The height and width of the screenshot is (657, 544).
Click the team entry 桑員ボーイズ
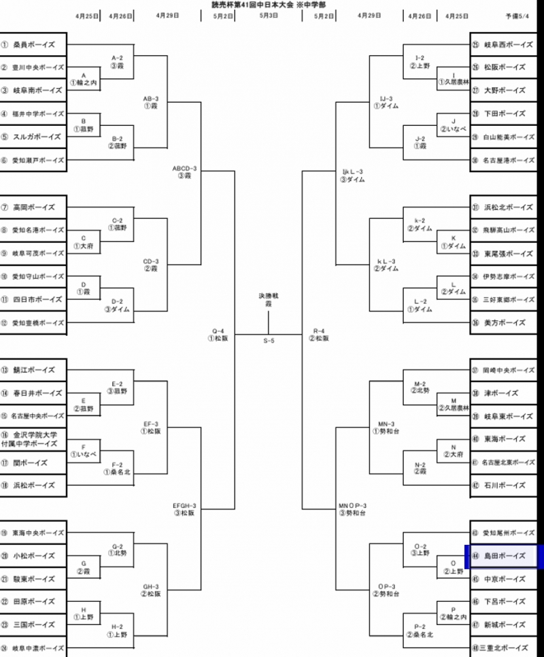point(34,45)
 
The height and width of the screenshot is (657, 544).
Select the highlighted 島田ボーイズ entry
point(503,556)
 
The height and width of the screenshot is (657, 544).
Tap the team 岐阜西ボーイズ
point(507,45)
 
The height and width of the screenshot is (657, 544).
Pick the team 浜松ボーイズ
point(34,486)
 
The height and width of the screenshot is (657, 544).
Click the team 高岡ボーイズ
point(34,207)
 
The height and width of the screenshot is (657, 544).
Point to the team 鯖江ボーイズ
point(34,370)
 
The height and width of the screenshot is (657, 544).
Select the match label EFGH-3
point(184,505)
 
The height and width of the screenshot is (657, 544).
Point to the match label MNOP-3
point(352,505)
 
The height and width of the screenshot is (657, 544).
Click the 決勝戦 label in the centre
point(269,297)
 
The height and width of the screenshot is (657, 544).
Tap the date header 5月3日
point(269,15)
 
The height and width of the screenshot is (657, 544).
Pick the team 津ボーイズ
point(503,393)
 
